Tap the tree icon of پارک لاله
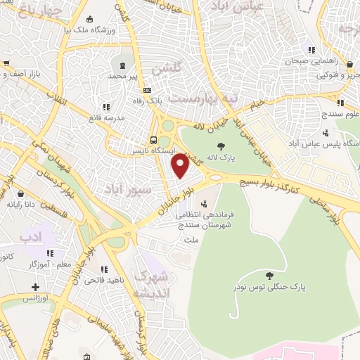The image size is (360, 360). (221, 147)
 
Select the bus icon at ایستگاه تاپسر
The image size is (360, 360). (154, 139)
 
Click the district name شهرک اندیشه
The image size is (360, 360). (149, 283)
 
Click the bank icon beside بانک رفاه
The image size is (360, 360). (148, 90)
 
